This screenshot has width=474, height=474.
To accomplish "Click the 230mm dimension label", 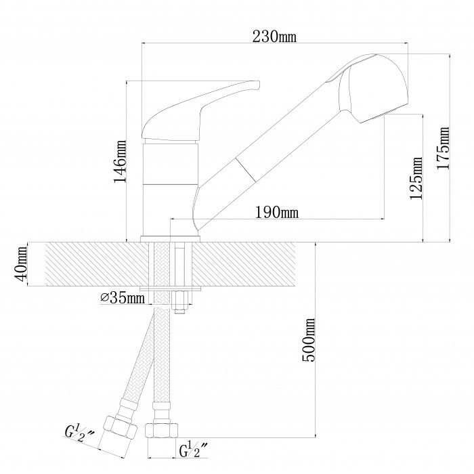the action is (x=274, y=37).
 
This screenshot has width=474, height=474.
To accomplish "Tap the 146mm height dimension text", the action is (x=120, y=161).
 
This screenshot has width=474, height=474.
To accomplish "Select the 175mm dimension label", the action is (x=443, y=148).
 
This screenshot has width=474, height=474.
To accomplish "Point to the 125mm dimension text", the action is (x=416, y=178).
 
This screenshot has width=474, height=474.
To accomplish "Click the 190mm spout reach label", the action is (x=277, y=212).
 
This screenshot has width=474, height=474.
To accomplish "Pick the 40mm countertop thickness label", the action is (x=21, y=263).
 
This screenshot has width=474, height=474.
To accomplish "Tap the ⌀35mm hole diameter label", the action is (x=123, y=298).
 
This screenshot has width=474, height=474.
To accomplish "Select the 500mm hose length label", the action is (x=309, y=340).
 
